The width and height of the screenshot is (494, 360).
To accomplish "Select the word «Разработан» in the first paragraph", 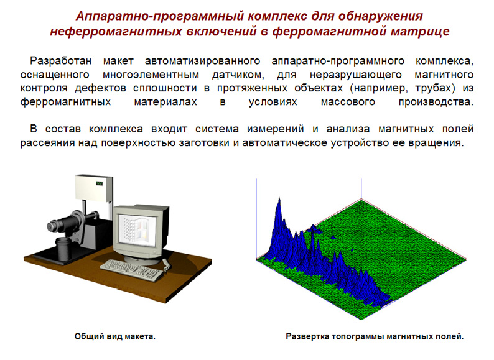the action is coord(61,60).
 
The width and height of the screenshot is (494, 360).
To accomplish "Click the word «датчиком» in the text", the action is coord(238,75).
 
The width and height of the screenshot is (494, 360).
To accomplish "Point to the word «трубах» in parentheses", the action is coord(435,88).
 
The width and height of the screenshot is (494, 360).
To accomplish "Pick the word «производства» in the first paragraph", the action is coord(436,102).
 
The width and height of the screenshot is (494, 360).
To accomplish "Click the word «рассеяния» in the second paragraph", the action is coord(47,143).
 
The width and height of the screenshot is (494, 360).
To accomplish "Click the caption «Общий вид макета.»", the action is coord(115,336).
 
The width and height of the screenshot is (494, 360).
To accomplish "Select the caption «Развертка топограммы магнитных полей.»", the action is coord(375,336).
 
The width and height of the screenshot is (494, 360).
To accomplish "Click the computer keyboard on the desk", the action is coord(133,270).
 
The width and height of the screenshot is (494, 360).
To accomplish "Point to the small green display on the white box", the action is coord(100,183).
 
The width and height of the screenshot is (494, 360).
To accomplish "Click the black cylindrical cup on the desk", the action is coord(63,249).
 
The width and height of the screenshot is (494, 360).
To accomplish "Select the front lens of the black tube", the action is coord(51,226).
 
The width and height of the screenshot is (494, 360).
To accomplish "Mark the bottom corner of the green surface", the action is coord(361,320).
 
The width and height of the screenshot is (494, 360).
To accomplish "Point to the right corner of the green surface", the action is coord(465,259).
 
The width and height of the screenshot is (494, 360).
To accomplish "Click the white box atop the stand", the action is coord(93,188).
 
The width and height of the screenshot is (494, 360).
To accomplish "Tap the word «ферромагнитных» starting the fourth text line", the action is coord(65,102).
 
